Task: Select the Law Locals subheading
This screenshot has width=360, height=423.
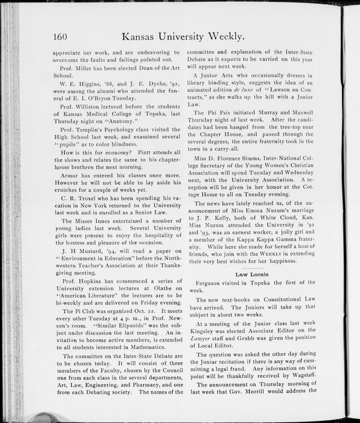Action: click(252, 274)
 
